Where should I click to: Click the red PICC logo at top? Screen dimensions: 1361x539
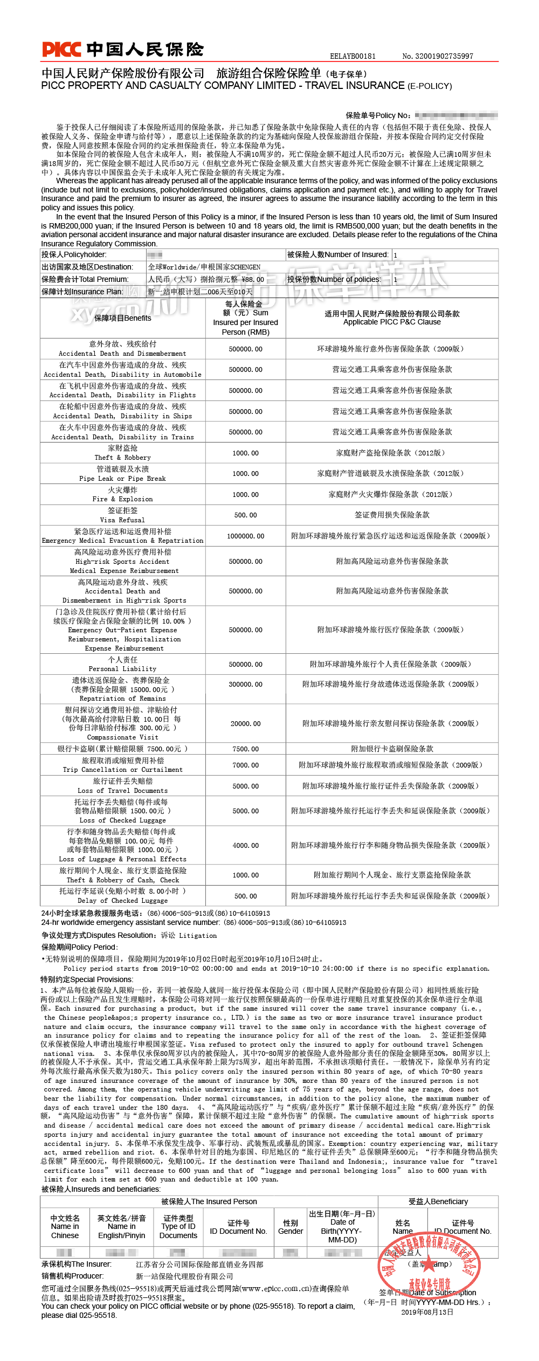tap(61, 49)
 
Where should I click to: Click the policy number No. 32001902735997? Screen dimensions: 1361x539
tap(437, 56)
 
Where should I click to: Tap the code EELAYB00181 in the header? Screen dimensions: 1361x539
tap(353, 56)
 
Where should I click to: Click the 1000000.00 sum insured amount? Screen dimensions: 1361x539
tap(245, 536)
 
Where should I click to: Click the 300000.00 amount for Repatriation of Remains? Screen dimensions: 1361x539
tap(245, 684)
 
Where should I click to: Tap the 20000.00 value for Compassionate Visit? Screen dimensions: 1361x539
tap(245, 723)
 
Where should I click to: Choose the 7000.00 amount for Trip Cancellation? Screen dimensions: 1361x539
tap(245, 765)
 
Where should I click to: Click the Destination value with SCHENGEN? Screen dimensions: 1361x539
tap(204, 267)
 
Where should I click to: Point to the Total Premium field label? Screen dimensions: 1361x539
tap(85, 279)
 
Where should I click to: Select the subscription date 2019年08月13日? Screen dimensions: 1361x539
tap(427, 1312)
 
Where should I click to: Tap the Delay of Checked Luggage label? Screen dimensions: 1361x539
tap(122, 900)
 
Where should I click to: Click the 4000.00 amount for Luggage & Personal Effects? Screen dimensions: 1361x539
tap(245, 845)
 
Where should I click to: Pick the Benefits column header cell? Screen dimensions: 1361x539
tap(122, 318)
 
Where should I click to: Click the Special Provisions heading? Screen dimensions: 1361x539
tap(87, 979)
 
